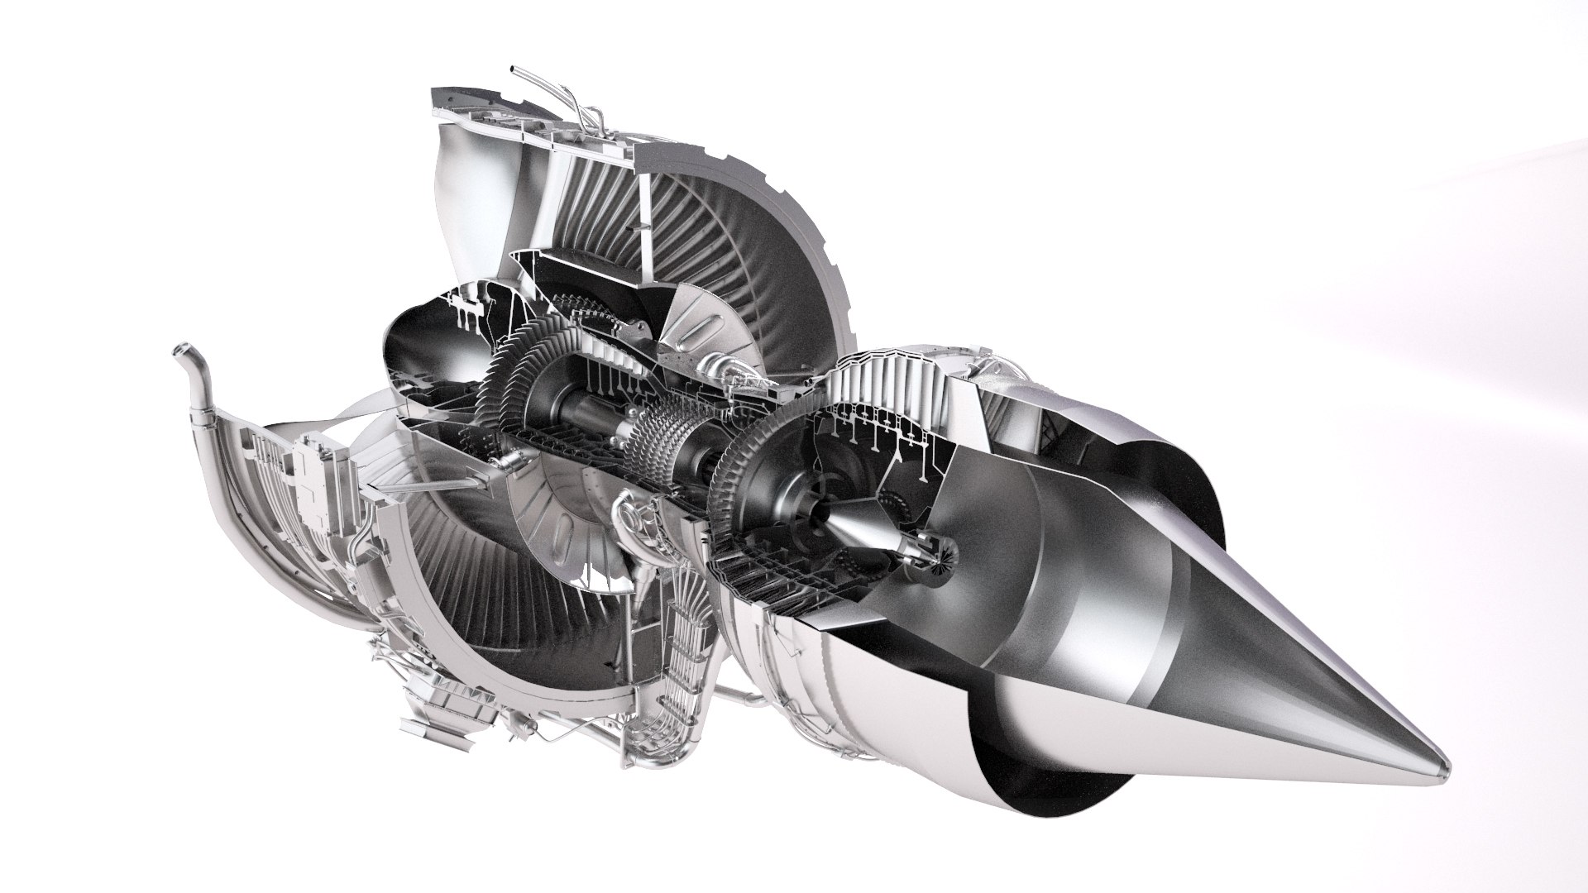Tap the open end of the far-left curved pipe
[x=179, y=351]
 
